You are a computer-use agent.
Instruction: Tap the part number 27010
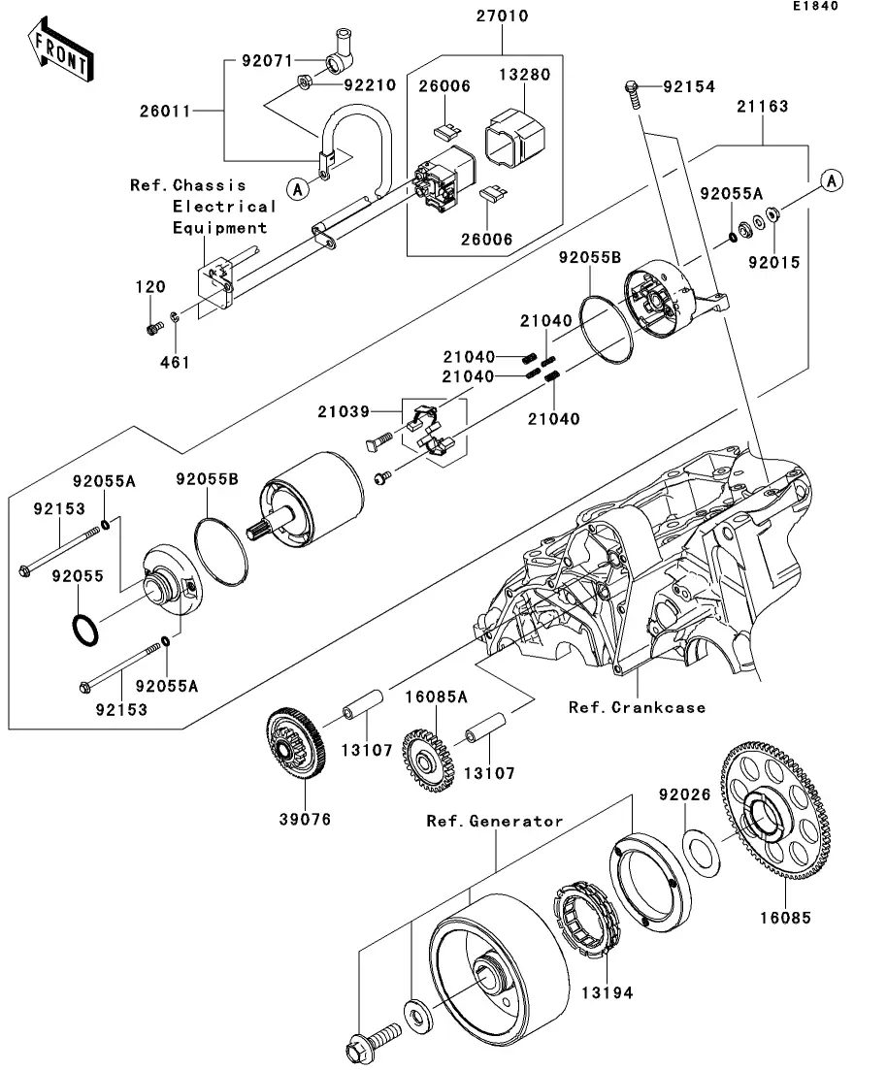click(x=503, y=17)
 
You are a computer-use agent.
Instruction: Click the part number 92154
click(x=689, y=87)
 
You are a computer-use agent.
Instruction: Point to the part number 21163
click(x=762, y=106)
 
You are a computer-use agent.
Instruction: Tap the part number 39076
click(x=305, y=819)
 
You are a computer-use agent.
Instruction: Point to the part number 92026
click(x=685, y=794)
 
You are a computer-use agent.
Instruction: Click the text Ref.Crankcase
click(x=638, y=707)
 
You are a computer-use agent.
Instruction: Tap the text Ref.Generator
click(x=495, y=821)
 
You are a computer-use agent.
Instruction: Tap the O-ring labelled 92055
click(x=84, y=630)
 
